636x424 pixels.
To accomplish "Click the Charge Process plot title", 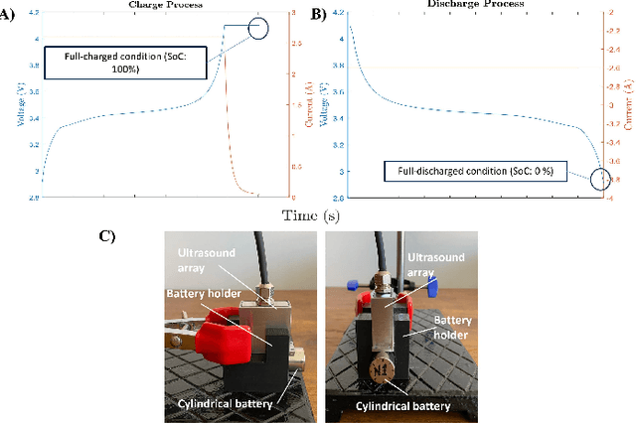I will click(162, 5).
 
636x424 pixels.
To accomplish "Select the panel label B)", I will click(318, 14).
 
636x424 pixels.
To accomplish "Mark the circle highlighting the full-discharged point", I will click(602, 179).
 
